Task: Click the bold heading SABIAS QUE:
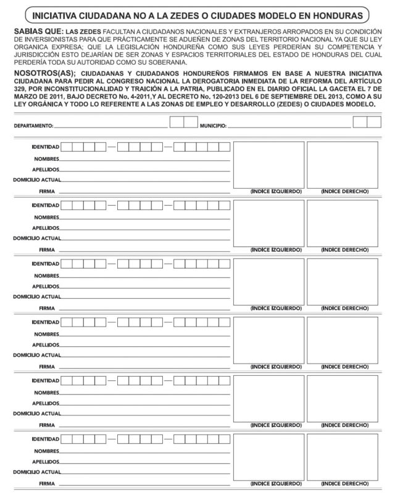tap(36, 31)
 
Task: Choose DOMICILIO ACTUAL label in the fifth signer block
tap(36, 413)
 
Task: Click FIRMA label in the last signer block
tap(47, 483)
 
